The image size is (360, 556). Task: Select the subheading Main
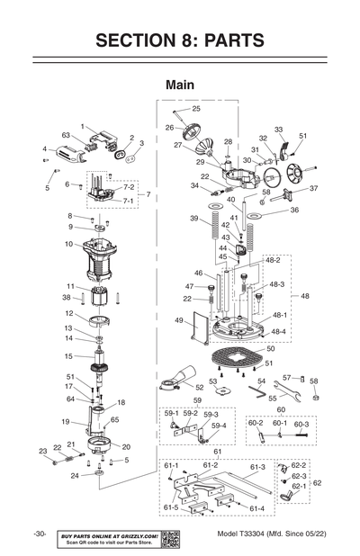click(180, 84)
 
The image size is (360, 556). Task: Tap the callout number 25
click(196, 108)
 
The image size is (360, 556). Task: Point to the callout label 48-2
click(273, 260)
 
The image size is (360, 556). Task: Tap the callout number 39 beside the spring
click(194, 218)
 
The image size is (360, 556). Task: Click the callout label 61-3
click(257, 467)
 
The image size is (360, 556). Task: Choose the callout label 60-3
click(301, 422)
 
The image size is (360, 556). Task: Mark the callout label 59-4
click(219, 426)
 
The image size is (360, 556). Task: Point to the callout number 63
click(66, 135)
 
